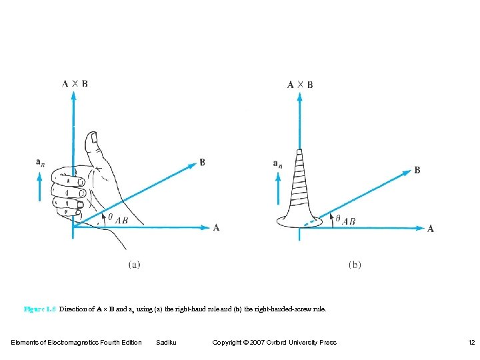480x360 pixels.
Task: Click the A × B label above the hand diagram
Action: [75, 83]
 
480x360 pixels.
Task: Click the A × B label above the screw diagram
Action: [300, 84]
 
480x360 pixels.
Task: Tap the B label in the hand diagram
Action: [202, 161]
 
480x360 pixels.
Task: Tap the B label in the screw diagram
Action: [417, 170]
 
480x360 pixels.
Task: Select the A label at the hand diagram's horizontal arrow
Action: [216, 227]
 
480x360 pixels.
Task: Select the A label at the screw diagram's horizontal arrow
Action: [430, 229]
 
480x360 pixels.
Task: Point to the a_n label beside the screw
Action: [277, 163]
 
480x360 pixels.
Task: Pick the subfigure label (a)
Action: [134, 265]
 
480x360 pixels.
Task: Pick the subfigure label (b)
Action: [355, 265]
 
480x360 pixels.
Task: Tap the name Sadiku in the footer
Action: [166, 343]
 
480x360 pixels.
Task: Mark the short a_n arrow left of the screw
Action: [278, 188]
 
